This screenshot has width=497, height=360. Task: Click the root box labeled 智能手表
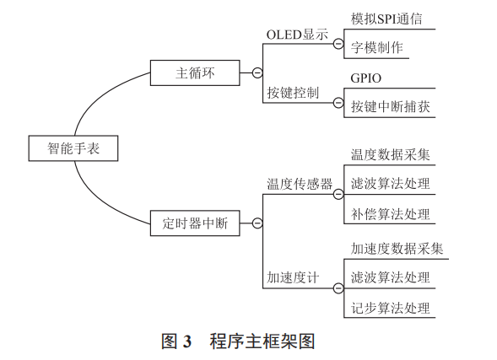73,149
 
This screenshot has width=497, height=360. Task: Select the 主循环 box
196,73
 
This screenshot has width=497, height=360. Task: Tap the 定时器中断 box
196,224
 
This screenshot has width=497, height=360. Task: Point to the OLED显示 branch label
297,35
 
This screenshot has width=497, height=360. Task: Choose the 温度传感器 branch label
300,184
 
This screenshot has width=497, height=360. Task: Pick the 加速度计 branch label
293,277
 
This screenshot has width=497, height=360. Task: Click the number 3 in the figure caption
186,341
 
